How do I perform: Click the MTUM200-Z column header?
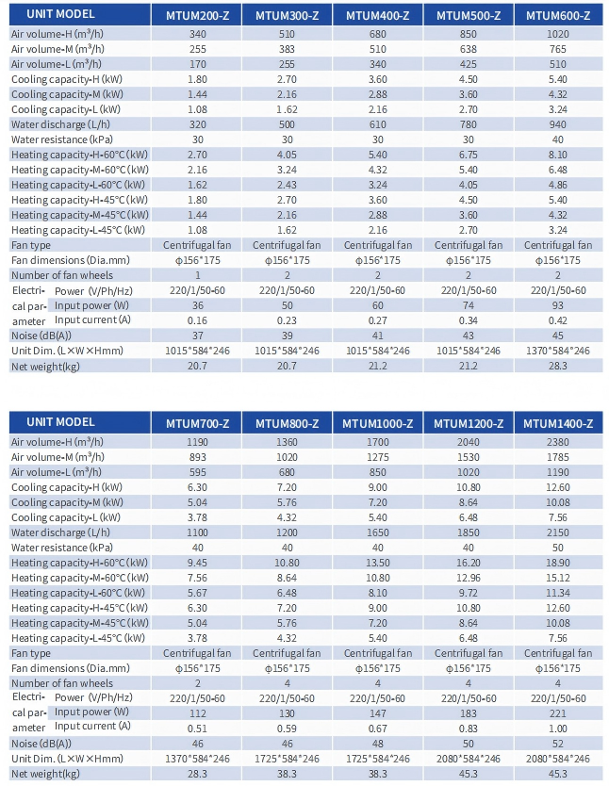[x=197, y=15]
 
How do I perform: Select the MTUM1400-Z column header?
[x=558, y=423]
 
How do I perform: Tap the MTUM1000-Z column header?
[x=377, y=423]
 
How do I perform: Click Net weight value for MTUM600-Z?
[x=558, y=366]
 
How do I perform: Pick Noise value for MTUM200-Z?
[x=197, y=336]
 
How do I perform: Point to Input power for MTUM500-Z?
[x=469, y=305]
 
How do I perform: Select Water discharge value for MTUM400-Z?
[x=377, y=124]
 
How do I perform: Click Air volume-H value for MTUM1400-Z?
[x=558, y=442]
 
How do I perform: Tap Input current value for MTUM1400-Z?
[x=558, y=729]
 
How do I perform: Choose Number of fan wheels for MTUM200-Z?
[x=197, y=275]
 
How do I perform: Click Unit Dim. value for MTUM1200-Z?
[x=469, y=759]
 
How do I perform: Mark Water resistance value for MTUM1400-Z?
[x=558, y=548]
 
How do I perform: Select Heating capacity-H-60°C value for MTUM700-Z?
[x=197, y=563]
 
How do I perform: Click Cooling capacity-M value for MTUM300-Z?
[x=287, y=94]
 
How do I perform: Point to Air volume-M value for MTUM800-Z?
[x=287, y=457]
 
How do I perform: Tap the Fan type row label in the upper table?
[x=31, y=245]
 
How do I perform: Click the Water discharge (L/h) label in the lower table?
[x=60, y=532]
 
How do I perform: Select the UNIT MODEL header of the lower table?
[x=60, y=422]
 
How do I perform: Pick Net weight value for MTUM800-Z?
[x=287, y=774]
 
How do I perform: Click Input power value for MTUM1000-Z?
[x=377, y=712]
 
